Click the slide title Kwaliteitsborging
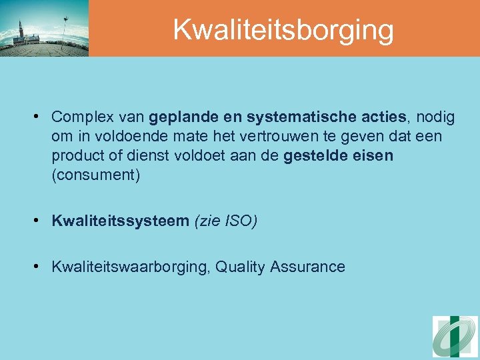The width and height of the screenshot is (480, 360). pos(283,30)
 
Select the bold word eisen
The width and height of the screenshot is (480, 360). pos(374,156)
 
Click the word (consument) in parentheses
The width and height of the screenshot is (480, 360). pos(95,176)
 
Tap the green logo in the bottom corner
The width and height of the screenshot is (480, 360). pos(455,337)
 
